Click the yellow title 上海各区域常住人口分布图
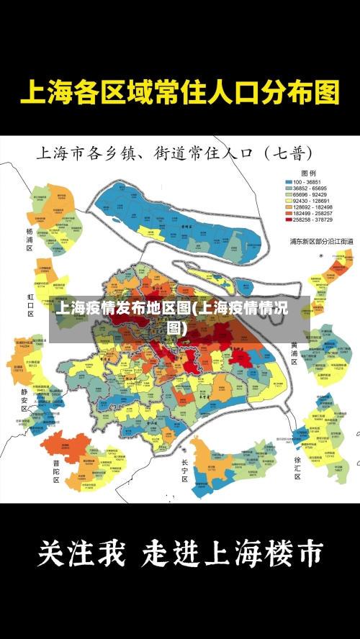(x=179, y=94)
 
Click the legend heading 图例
(x=308, y=173)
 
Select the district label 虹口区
(x=30, y=304)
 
